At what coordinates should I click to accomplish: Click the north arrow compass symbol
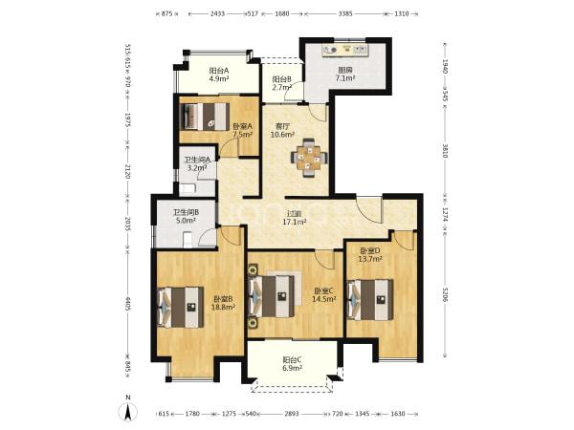128,410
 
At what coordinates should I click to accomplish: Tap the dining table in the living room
309,158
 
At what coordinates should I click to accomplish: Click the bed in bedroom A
205,117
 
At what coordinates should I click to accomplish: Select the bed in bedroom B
181,307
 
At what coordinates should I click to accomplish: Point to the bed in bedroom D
370,300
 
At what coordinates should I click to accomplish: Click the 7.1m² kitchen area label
345,78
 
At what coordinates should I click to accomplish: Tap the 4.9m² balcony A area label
218,78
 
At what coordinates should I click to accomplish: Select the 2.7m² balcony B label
281,87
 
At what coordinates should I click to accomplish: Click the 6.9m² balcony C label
292,368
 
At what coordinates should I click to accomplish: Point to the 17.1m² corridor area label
295,222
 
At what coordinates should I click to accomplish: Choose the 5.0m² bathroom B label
186,221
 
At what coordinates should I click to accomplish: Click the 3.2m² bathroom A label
197,168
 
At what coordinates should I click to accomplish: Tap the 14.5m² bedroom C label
324,299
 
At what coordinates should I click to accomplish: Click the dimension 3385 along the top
345,14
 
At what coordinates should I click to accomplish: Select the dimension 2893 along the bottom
292,414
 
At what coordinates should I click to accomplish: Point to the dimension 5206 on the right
445,294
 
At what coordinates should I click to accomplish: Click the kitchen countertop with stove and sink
345,50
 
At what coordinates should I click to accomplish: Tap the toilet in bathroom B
188,240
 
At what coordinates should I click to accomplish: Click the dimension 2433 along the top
218,14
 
